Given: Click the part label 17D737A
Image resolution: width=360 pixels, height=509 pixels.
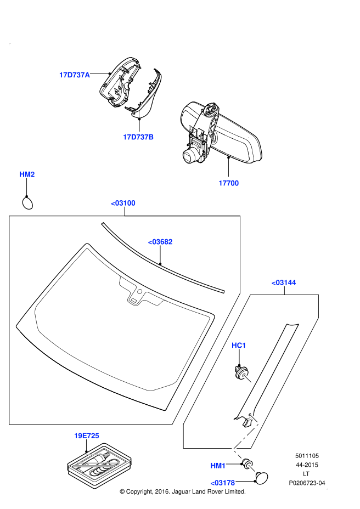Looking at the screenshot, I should pos(75,75).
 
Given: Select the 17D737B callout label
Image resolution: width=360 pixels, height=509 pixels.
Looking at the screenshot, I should pos(138,137).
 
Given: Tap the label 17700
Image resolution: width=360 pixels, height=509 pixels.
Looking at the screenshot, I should pos(228,183).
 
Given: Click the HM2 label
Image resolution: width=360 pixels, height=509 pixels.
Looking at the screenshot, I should pos(27,174).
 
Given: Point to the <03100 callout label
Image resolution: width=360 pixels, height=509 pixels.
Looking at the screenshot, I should pos(123,203).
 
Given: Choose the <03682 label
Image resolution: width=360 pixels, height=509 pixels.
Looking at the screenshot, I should pos(160,241).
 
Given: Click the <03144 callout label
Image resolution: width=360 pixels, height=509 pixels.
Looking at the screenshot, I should pos(284,282).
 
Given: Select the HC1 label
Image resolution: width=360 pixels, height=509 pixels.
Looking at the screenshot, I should pos(239,345).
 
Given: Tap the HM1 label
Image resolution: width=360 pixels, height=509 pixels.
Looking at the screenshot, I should pos(218,466).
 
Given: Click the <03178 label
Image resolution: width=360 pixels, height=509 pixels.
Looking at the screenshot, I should pos(222,483).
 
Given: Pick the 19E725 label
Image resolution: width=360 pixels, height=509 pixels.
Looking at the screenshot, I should pos(87,436).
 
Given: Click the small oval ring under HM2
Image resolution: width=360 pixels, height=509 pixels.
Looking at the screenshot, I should pos(27,203).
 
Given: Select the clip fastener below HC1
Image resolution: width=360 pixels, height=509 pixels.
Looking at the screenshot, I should pos(242,374).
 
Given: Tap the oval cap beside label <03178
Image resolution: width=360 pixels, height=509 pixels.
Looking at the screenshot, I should pos(262,477).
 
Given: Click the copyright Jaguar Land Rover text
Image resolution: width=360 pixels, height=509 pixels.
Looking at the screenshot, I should pos(182,492).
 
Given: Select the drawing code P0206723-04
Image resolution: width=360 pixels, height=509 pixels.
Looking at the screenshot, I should pos(307,483).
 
